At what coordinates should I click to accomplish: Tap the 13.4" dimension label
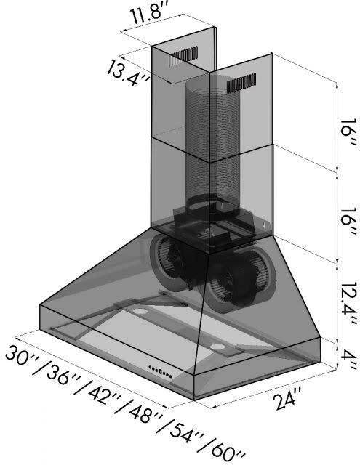click(127, 73)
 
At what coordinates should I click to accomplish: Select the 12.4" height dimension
click(347, 302)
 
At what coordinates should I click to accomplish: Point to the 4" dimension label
click(348, 359)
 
